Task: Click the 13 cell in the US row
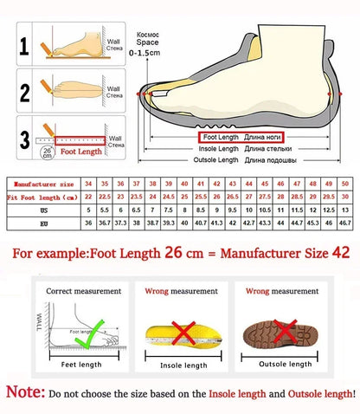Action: coord(345,210)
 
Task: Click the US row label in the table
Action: coord(41,210)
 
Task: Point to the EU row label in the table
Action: coord(41,223)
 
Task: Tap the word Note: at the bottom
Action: coord(25,393)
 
